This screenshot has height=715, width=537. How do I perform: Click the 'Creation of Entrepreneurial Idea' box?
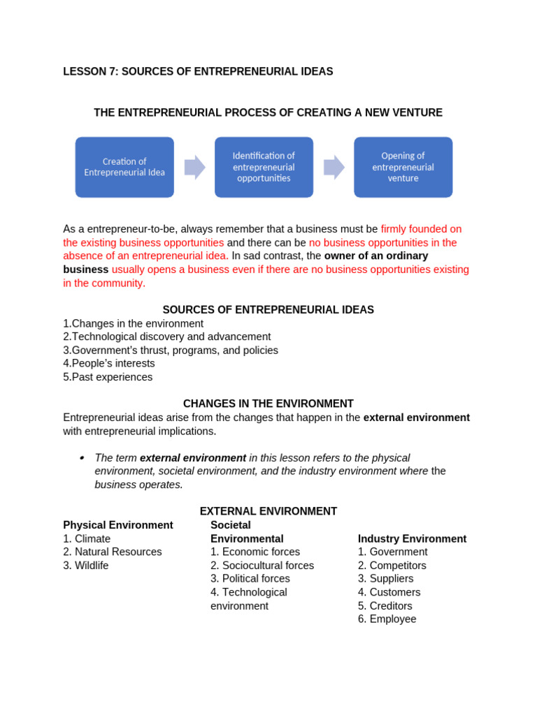click(124, 167)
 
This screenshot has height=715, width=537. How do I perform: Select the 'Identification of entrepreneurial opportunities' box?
click(264, 167)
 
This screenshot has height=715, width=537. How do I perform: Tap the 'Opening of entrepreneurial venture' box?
click(403, 167)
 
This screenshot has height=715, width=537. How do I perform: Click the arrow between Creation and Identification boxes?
click(194, 168)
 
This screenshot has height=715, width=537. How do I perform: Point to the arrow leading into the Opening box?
click(334, 168)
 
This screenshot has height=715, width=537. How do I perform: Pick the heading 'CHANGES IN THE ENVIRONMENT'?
click(268, 404)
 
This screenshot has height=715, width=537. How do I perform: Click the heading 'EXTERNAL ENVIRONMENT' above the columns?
click(268, 511)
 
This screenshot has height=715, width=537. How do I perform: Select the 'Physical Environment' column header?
click(118, 525)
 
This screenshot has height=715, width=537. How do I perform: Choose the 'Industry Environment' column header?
click(412, 539)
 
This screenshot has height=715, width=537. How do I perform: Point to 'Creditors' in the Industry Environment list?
click(391, 606)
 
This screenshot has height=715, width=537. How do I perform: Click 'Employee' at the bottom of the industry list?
click(392, 619)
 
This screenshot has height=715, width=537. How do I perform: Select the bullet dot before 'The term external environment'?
click(82, 458)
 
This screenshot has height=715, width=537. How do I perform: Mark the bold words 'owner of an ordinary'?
click(376, 256)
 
